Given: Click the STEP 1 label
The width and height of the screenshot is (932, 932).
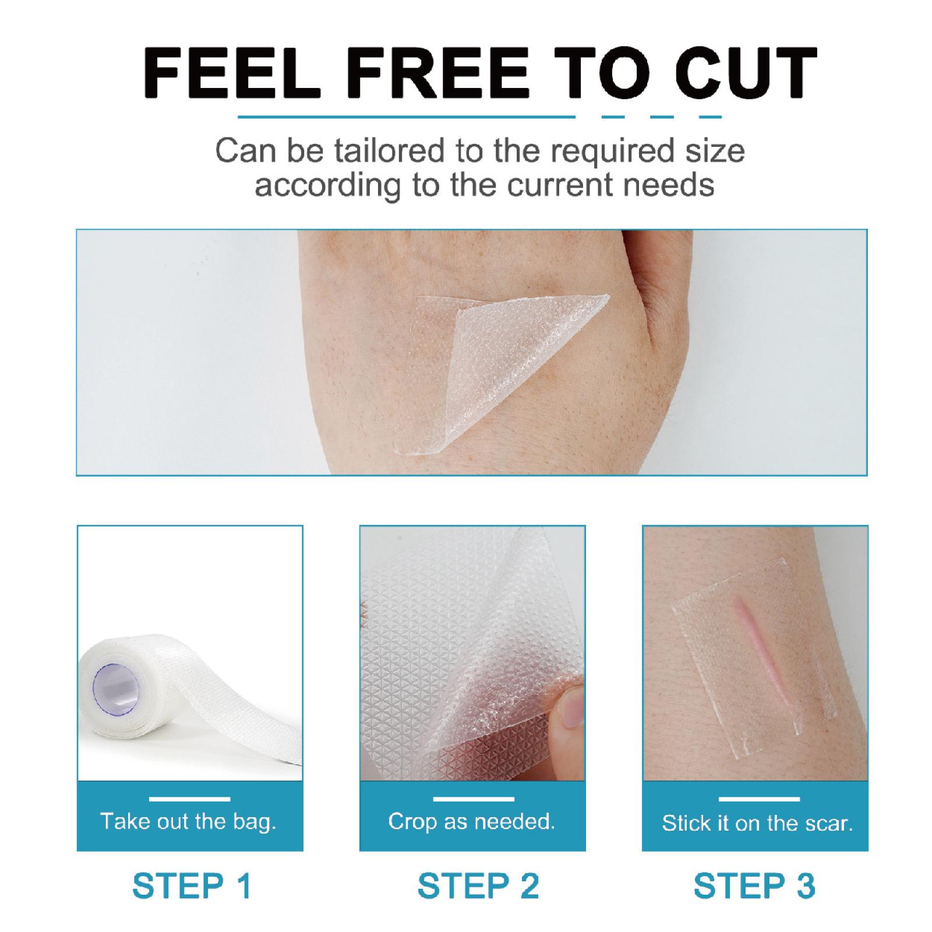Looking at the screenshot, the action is [x=192, y=886].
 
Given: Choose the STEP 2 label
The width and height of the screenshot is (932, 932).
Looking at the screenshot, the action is [x=478, y=886].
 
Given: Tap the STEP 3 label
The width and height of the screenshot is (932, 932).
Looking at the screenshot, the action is [x=754, y=886].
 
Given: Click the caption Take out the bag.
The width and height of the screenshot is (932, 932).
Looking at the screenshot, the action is [x=188, y=821].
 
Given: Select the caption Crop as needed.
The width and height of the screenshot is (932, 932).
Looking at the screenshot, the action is [x=471, y=821].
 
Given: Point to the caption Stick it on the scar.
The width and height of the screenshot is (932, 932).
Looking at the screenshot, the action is [x=757, y=823].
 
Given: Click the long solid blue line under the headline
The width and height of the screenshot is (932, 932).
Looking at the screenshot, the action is [x=407, y=117].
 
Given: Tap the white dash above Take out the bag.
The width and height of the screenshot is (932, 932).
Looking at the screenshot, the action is [x=189, y=799].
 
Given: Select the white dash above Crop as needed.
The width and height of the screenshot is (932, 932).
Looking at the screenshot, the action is [x=473, y=799].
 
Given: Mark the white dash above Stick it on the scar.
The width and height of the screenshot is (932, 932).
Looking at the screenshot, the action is [x=758, y=799].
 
